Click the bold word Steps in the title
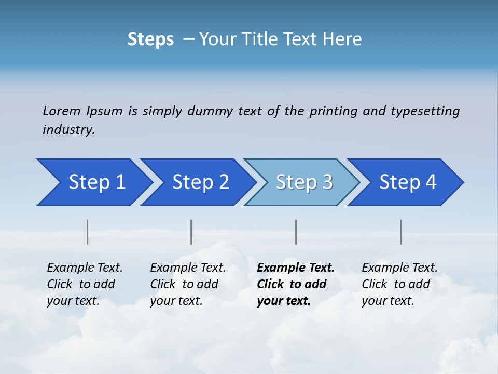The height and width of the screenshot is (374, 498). [x=150, y=39]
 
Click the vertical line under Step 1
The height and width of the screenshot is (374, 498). [x=88, y=232]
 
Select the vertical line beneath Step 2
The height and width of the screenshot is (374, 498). [x=191, y=232]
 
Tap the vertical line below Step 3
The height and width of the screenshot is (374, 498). [x=296, y=232]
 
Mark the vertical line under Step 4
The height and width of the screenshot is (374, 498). [x=401, y=232]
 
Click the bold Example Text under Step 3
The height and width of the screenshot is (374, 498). [x=296, y=284]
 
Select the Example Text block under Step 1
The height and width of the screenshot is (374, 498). [x=85, y=284]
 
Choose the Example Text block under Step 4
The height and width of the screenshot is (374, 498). [x=399, y=284]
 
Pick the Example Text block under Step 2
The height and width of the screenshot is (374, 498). [x=188, y=284]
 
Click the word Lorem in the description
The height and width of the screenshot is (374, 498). [x=61, y=111]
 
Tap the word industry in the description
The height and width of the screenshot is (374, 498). [x=68, y=130]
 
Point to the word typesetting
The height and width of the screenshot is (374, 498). [x=425, y=111]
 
